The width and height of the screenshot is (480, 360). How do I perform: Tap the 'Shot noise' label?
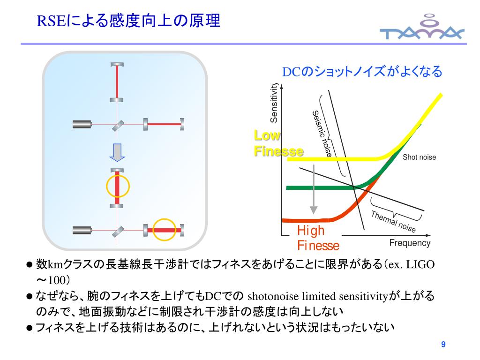pyautogui.click(x=419, y=157)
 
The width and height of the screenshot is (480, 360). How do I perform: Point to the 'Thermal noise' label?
pyautogui.click(x=393, y=222)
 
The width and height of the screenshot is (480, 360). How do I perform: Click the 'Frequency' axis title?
pyautogui.click(x=409, y=243)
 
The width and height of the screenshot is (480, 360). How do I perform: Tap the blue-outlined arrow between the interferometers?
pyautogui.click(x=117, y=152)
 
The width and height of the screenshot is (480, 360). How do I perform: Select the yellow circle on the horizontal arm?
pyautogui.click(x=167, y=230)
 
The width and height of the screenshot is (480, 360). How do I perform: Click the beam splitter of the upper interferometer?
pyautogui.click(x=118, y=125)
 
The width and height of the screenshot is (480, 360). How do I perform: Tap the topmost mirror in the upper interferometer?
pyautogui.click(x=117, y=65)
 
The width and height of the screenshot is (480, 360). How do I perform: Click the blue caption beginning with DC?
pyautogui.click(x=361, y=72)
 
